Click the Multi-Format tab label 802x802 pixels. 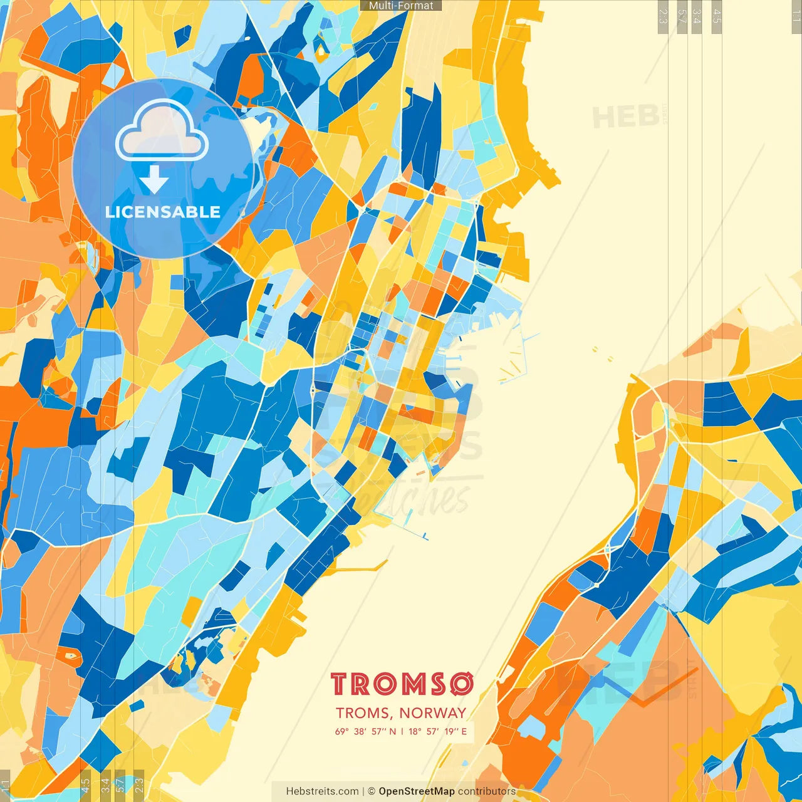click(x=401, y=6)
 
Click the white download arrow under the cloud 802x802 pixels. click(x=154, y=180)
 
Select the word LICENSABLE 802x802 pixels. click(x=163, y=212)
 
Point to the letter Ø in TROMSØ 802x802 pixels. click(x=461, y=684)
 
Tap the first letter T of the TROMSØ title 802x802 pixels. click(x=341, y=684)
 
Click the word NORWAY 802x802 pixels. click(x=433, y=713)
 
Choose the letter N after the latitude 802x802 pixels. click(x=392, y=731)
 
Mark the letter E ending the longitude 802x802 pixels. click(x=464, y=731)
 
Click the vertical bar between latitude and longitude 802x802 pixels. click(x=402, y=731)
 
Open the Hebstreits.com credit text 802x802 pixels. click(x=322, y=791)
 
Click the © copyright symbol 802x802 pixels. click(x=372, y=791)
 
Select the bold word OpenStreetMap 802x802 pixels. click(x=417, y=791)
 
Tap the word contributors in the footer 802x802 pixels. click(x=487, y=791)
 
